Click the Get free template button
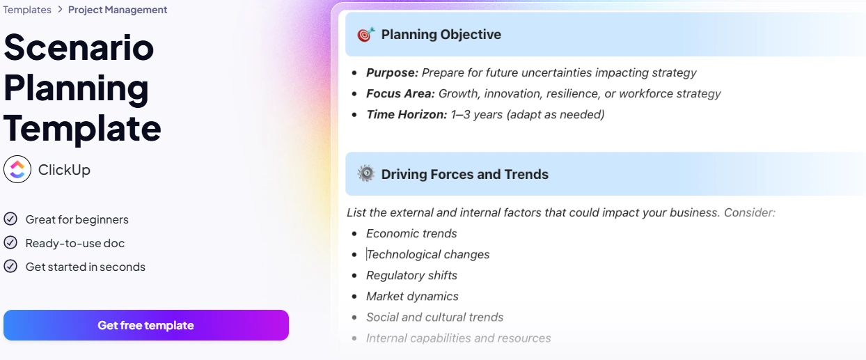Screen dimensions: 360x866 coord(145,325)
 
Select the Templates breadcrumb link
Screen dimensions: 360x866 coord(27,10)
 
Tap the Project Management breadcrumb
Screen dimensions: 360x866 coord(118,10)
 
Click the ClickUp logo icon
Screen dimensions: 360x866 coord(17,169)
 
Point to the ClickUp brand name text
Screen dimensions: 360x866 coord(64,170)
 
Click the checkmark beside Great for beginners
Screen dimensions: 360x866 coord(10,219)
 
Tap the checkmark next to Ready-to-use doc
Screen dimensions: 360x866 coord(10,243)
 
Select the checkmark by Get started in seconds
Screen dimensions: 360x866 coord(10,267)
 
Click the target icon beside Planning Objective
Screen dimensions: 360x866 coord(365,34)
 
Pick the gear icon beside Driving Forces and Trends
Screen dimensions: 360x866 coord(365,174)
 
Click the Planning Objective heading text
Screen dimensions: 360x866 coord(441,34)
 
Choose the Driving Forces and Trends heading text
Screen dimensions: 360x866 coord(464,174)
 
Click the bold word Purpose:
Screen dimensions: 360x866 coord(392,72)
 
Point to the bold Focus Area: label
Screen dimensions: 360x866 coord(400,93)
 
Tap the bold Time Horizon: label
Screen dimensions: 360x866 coord(407,114)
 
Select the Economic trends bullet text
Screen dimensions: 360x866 coord(411,233)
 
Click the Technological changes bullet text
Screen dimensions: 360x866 coord(428,254)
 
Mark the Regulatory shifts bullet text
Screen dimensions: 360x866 coord(411,275)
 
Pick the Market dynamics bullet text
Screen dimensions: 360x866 coord(412,296)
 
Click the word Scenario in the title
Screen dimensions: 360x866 coord(79,47)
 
